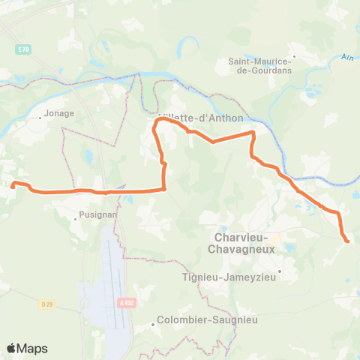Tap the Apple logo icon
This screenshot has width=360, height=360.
12,348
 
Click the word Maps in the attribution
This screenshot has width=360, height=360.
32,348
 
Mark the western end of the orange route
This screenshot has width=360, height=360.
13,184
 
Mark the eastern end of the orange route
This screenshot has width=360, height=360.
347,241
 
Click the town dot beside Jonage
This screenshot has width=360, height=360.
41,118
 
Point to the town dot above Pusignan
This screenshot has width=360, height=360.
81,210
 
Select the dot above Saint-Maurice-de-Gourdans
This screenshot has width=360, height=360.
295,55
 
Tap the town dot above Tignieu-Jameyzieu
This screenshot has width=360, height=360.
280,271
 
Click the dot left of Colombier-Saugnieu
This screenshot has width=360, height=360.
153,324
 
